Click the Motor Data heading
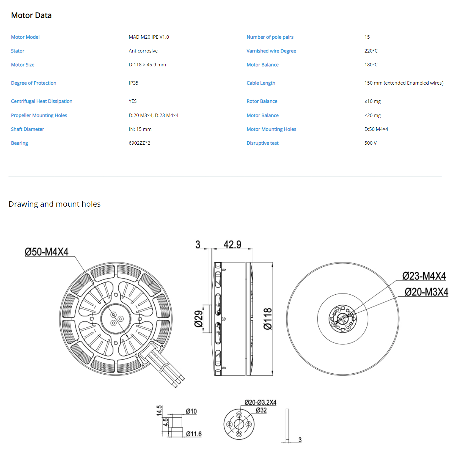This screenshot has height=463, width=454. click(x=31, y=15)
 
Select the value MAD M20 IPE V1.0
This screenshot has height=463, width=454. click(x=149, y=37)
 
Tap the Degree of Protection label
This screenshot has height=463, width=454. click(x=34, y=83)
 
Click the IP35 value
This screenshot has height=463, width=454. click(x=134, y=83)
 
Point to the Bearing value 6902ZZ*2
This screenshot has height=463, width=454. click(x=139, y=143)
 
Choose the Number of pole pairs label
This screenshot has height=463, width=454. click(x=270, y=37)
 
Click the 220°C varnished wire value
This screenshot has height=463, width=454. click(x=371, y=51)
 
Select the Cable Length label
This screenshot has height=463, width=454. click(x=261, y=83)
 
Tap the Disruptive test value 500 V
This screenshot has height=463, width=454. click(x=370, y=143)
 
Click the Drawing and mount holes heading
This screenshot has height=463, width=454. click(x=54, y=204)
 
